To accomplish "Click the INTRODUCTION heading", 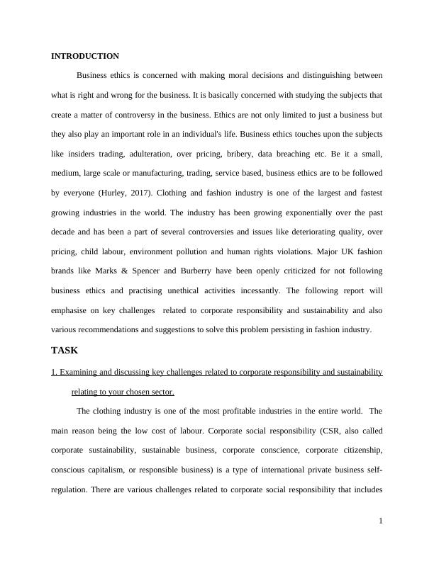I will [x=85, y=56].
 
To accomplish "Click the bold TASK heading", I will [x=65, y=350].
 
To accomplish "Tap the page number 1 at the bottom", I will [x=381, y=521].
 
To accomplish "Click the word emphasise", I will [x=72, y=310].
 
